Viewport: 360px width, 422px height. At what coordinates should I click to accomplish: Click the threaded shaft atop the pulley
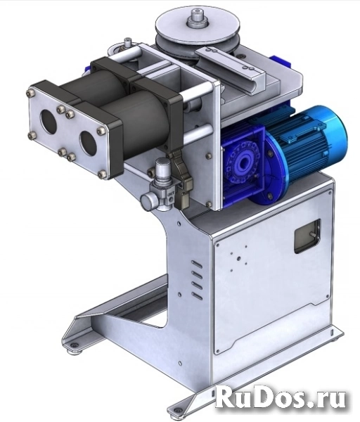(198, 18)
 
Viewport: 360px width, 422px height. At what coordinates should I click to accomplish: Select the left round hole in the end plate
(49, 122)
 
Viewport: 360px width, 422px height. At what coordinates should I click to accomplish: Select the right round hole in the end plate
(88, 142)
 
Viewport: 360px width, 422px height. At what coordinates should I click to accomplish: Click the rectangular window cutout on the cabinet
(307, 236)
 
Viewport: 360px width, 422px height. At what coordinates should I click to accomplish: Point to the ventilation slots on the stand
(197, 280)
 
